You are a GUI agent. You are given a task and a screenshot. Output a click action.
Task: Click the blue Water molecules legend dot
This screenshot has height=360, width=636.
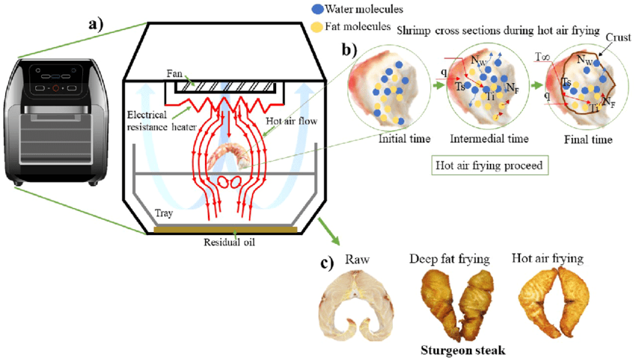coord(317,9)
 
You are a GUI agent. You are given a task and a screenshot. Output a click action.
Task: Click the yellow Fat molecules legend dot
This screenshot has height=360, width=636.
coord(317,27)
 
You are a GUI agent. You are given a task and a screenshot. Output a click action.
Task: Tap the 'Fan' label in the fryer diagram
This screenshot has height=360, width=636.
coord(174,73)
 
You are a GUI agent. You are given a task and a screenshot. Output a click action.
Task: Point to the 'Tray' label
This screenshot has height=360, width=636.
coord(163,213)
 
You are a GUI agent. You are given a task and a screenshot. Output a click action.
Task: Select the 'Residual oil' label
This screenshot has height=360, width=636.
coord(229,242)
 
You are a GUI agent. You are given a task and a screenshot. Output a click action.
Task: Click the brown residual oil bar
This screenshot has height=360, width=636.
coord(225,230)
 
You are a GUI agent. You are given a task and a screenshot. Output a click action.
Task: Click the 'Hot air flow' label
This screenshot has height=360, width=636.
coord(291,121)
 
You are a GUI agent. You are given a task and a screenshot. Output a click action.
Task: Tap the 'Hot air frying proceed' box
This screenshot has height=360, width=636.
coord(489,165)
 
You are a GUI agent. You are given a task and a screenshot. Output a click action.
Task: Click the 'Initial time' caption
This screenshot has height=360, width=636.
coord(404,138)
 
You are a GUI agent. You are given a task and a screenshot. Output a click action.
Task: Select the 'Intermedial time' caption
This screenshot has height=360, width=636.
coord(489,138)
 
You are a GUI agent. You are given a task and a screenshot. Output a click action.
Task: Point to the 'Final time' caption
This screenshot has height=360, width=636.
coord(588,140)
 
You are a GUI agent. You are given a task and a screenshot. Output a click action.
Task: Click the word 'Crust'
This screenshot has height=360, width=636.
coord(618,37)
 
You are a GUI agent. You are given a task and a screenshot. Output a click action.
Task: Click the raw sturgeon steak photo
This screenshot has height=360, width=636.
coord(357,308)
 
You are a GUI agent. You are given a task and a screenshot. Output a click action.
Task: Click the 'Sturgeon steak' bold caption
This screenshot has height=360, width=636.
coord(463,350)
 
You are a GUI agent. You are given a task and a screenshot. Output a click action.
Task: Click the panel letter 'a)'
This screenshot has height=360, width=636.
coord(96,24)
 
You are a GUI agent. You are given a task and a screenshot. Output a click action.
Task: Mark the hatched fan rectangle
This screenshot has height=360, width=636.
coord(225,87)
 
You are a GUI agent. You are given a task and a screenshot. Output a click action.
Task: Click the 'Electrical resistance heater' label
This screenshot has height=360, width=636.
coord(162,121)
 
